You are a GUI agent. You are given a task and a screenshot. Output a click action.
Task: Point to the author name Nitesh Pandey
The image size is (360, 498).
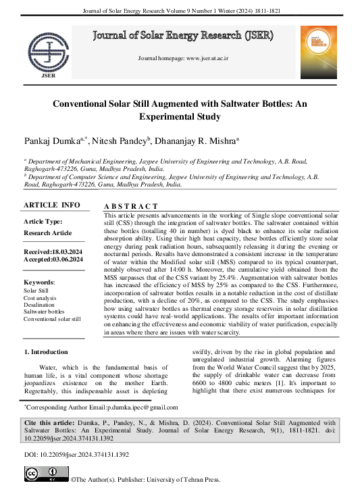coord(123,141)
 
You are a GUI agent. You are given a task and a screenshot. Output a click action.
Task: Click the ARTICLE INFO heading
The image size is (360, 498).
coord(51,205)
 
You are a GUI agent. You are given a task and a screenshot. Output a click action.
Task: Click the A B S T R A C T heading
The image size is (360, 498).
coord(131,206)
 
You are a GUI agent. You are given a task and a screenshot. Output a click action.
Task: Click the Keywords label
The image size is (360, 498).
coord(39,282)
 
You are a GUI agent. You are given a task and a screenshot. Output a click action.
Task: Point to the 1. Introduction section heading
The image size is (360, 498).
coord(46,352)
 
